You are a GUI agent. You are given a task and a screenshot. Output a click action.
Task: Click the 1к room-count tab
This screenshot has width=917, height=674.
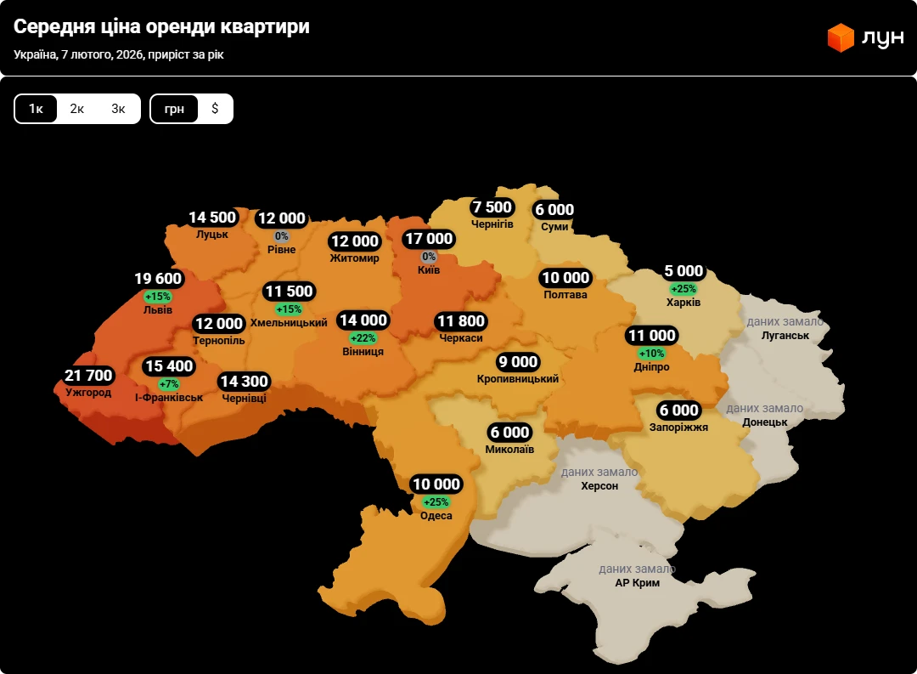point(36,109)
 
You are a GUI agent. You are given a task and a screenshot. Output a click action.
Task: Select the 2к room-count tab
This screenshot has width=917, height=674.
point(77,109)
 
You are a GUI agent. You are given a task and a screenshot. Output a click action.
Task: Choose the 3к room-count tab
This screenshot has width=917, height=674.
point(118,109)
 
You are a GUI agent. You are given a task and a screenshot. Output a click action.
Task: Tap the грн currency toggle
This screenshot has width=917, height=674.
point(174,109)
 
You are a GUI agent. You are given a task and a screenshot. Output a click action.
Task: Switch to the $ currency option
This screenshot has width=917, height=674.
point(215,109)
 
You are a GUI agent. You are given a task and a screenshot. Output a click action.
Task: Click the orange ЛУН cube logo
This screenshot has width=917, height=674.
point(840,37)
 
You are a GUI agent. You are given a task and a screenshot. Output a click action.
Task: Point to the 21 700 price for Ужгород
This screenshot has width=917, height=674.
point(88,376)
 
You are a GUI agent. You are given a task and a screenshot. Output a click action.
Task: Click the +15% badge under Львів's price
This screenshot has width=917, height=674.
point(158,297)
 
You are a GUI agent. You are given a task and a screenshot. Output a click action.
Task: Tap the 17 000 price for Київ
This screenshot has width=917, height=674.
point(428,239)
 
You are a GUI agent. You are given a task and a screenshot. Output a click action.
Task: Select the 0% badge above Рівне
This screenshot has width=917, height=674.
point(282,236)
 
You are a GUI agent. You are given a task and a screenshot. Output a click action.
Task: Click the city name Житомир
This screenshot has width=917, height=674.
point(355,258)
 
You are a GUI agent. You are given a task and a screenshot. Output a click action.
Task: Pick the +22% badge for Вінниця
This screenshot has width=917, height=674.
point(363,338)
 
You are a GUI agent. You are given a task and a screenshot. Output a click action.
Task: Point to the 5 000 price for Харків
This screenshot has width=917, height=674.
point(684,271)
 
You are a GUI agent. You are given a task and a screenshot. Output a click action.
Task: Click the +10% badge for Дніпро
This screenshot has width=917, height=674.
point(652,354)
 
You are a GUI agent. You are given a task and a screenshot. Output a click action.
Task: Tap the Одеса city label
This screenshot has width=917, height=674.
point(436,516)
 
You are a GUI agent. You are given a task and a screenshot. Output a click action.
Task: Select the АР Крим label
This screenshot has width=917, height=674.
point(637,583)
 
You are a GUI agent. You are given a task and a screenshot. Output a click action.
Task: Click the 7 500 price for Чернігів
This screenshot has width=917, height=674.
point(492,207)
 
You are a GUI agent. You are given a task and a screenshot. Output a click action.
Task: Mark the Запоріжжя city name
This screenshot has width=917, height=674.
point(678,428)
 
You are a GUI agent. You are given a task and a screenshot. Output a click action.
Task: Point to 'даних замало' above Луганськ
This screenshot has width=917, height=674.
point(785,321)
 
